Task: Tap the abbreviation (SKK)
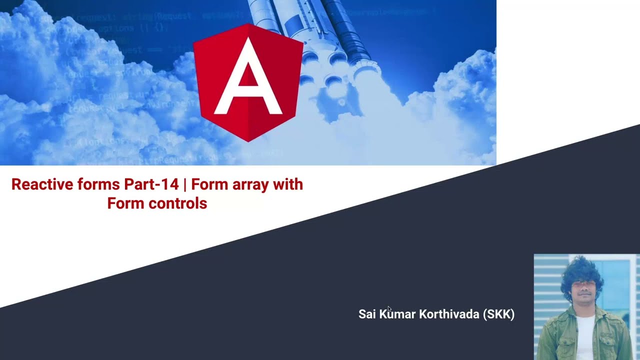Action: click(x=499, y=314)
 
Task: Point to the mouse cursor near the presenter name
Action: click(x=389, y=308)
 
